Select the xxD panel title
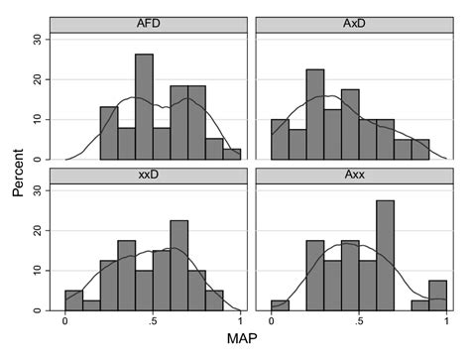[x=152, y=176]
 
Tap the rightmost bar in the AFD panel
[x=232, y=154]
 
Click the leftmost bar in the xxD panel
[x=73, y=300]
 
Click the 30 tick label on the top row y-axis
[x=37, y=39]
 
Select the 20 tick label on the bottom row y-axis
[x=37, y=230]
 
